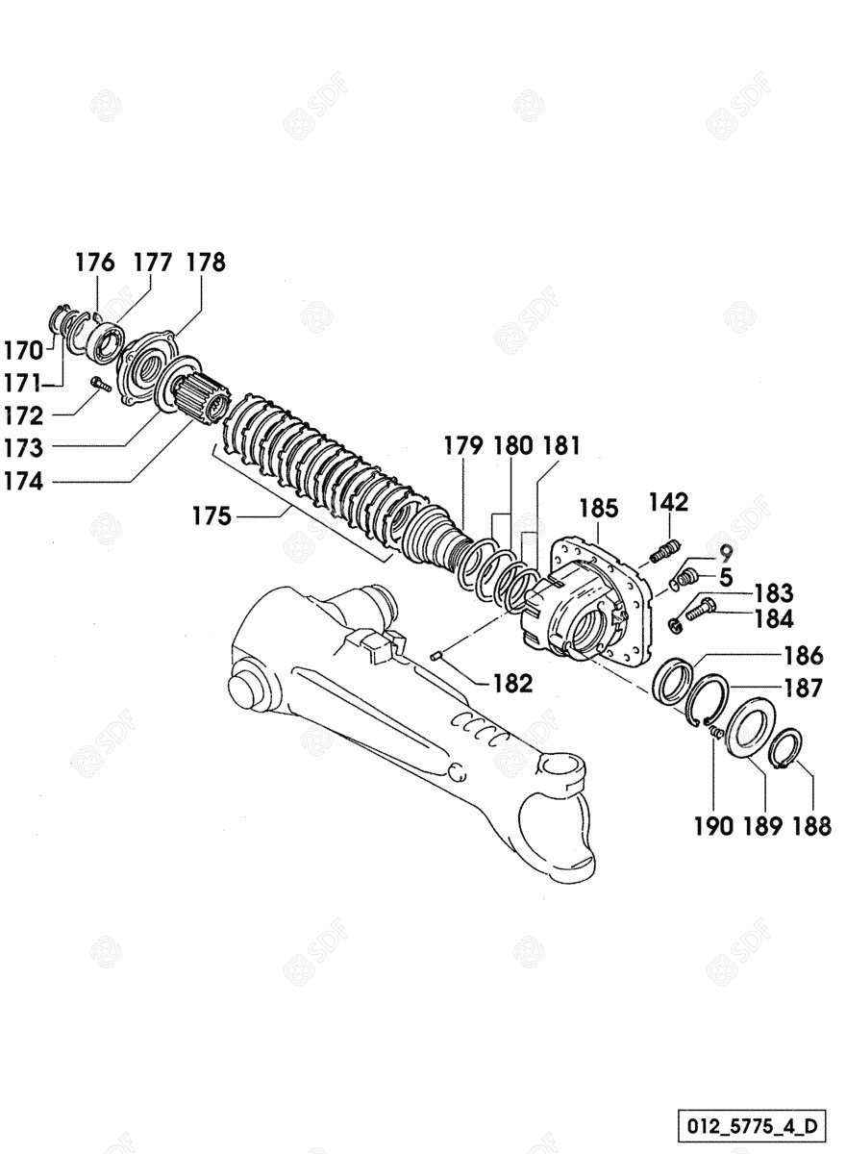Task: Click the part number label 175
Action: [x=211, y=515]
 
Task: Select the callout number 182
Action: [x=512, y=684]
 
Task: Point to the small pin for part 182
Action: [x=437, y=655]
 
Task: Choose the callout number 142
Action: [x=669, y=502]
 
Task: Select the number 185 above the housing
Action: [x=598, y=509]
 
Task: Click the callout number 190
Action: [x=713, y=827]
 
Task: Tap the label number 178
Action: [x=206, y=263]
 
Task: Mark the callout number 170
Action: [x=24, y=351]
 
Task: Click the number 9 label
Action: [x=725, y=554]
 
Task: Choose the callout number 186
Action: [x=804, y=656]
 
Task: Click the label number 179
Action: [x=463, y=445]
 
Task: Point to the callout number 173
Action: [x=24, y=448]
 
